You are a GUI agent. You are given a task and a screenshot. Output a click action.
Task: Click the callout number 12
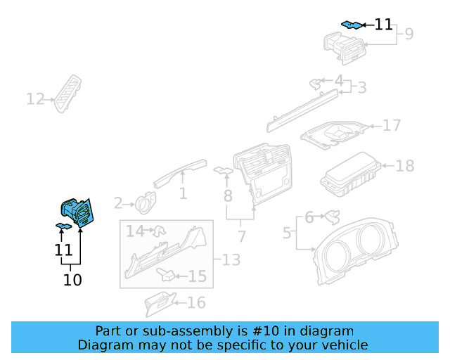[x=35, y=99]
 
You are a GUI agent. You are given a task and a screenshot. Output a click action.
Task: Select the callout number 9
[x=409, y=33]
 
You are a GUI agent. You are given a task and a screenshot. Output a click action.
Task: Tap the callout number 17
[x=392, y=125]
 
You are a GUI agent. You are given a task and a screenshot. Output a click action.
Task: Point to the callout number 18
[x=405, y=166]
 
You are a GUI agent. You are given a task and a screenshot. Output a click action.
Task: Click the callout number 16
[x=196, y=302]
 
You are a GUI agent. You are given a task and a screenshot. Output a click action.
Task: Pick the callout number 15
[x=198, y=276]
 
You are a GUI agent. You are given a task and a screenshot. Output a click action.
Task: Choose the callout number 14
[x=135, y=231]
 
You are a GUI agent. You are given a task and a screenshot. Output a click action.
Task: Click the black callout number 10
[x=72, y=280]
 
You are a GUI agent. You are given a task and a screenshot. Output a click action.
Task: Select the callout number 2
[x=118, y=204]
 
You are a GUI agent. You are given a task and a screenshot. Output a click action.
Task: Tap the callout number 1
[x=183, y=193]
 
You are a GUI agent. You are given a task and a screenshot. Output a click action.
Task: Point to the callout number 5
[x=287, y=231]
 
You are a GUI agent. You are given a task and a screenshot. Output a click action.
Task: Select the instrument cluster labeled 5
[x=359, y=253]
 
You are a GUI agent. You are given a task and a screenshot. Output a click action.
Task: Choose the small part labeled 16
[x=160, y=302]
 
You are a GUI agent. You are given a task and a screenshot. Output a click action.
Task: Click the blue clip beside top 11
[x=352, y=25]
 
